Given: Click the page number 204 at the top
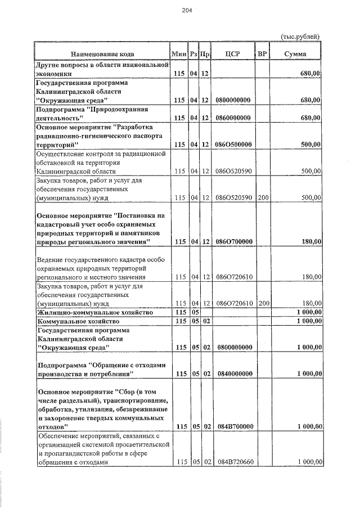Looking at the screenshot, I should [x=187, y=11].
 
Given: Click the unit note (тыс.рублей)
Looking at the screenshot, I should [x=300, y=37].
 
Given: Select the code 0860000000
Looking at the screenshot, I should [x=232, y=118].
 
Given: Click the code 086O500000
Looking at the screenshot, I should [x=232, y=145].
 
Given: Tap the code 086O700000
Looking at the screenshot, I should [x=232, y=241].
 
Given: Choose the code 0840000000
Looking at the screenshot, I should [x=232, y=373].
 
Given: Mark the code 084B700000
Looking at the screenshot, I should [x=232, y=427].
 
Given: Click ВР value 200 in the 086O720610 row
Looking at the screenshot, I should [x=262, y=303].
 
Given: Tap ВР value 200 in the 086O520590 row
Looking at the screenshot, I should [x=262, y=197].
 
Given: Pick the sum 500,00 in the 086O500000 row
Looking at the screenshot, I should [x=310, y=145].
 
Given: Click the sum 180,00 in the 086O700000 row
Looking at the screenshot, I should [x=310, y=241].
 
